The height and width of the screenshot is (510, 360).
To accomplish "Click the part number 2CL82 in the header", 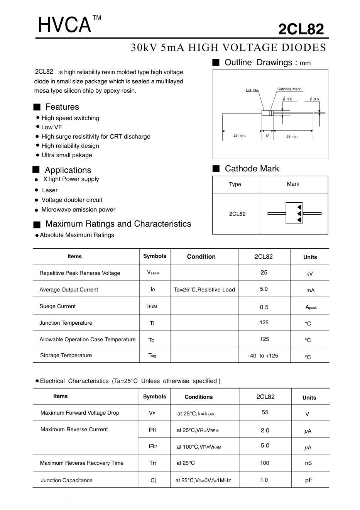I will pyautogui.click(x=301, y=29).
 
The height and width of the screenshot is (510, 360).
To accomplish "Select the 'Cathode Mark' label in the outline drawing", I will pyautogui.click(x=289, y=89).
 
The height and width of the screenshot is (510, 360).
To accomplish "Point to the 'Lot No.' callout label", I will pyautogui.click(x=252, y=90).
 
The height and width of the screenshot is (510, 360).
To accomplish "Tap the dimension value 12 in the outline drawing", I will pyautogui.click(x=267, y=136).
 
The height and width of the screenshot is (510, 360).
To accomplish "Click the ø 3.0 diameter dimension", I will pyautogui.click(x=288, y=99).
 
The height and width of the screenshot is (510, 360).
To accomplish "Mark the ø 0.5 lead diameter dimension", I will pyautogui.click(x=314, y=99).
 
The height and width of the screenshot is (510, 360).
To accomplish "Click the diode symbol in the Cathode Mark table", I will pyautogui.click(x=294, y=213).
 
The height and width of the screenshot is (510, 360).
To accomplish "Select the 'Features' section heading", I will pyautogui.click(x=62, y=107).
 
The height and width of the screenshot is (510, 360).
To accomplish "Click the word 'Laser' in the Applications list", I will pyautogui.click(x=50, y=190).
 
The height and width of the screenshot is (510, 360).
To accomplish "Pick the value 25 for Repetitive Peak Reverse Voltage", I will pyautogui.click(x=264, y=273).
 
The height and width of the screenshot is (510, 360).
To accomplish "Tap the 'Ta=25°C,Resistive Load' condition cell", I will pyautogui.click(x=204, y=290).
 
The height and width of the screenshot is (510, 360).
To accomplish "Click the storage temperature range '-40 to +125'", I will pyautogui.click(x=263, y=356).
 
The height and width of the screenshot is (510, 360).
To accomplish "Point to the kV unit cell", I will pyautogui.click(x=309, y=274).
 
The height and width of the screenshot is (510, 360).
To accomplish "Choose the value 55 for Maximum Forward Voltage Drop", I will pyautogui.click(x=265, y=412).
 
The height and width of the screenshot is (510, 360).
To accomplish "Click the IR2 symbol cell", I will pyautogui.click(x=153, y=446).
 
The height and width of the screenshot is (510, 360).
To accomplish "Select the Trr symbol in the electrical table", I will pyautogui.click(x=153, y=463).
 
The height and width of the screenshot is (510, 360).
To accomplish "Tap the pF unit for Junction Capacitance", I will pyautogui.click(x=309, y=480).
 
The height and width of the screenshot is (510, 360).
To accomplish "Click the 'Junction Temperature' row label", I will pyautogui.click(x=66, y=323).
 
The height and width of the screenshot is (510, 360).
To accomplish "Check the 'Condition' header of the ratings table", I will pyautogui.click(x=201, y=257).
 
